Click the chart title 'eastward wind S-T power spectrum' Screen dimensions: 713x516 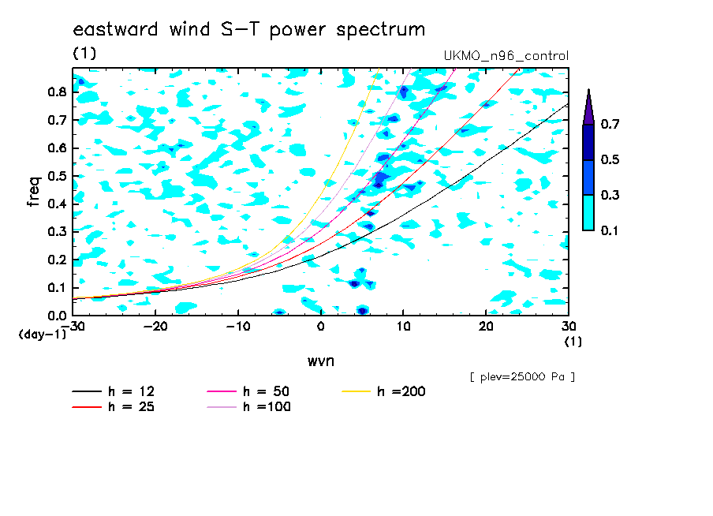(x=249, y=30)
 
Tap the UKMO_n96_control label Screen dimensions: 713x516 (x=506, y=56)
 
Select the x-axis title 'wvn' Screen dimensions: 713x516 (x=320, y=361)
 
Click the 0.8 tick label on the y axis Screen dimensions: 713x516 (x=58, y=92)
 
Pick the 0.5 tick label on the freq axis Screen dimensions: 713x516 (x=58, y=176)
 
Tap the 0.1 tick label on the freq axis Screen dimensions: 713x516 (x=58, y=288)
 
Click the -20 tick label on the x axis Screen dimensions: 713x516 (x=155, y=327)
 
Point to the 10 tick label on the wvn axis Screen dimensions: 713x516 (x=403, y=327)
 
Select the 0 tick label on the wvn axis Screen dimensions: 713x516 (x=320, y=327)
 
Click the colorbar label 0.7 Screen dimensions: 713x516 (x=610, y=124)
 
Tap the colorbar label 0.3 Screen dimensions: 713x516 (x=610, y=195)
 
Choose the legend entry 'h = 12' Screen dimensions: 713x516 (x=114, y=391)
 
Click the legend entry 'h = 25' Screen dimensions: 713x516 (x=114, y=406)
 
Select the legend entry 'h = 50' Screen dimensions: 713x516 (x=248, y=391)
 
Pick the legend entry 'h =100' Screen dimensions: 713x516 (x=248, y=406)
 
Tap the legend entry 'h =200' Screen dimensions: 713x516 (x=384, y=391)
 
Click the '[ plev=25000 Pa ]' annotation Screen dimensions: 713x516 (x=522, y=377)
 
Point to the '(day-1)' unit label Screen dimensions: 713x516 (x=43, y=335)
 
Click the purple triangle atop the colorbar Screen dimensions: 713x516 (x=588, y=107)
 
